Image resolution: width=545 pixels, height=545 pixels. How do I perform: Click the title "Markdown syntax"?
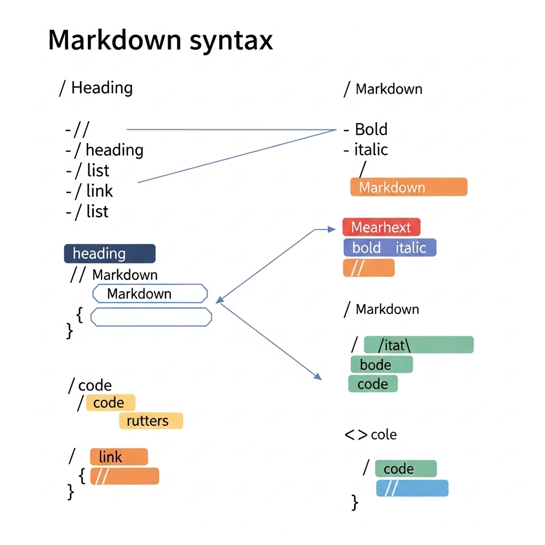tap(160, 41)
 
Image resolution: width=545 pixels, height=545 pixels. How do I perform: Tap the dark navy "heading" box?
tap(110, 253)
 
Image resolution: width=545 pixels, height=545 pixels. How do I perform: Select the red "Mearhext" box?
tap(381, 227)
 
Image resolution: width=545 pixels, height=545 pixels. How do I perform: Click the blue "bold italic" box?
tap(390, 247)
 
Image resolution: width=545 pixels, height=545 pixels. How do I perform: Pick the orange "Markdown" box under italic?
tap(409, 187)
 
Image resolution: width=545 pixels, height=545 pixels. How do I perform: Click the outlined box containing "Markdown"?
tap(150, 294)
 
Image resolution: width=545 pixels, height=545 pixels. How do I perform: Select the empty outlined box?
tap(151, 317)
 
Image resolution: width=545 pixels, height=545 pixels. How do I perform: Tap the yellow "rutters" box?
tap(151, 420)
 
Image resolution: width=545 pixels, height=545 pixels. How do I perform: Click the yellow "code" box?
tap(111, 402)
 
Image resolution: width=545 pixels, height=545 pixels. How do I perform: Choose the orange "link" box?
tap(119, 457)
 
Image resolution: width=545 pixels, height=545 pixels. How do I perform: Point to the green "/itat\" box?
tap(418, 345)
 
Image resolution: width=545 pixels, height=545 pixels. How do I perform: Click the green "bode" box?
tap(382, 365)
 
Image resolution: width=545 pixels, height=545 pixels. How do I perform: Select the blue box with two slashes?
tap(412, 489)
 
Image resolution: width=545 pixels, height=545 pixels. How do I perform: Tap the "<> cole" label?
tap(370, 435)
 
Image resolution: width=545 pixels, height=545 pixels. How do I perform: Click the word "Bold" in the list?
tap(371, 129)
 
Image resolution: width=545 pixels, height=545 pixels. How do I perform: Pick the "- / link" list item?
tap(89, 191)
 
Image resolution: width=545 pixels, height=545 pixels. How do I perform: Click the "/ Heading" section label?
tap(96, 88)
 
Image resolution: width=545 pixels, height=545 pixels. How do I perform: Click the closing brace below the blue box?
tap(354, 502)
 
